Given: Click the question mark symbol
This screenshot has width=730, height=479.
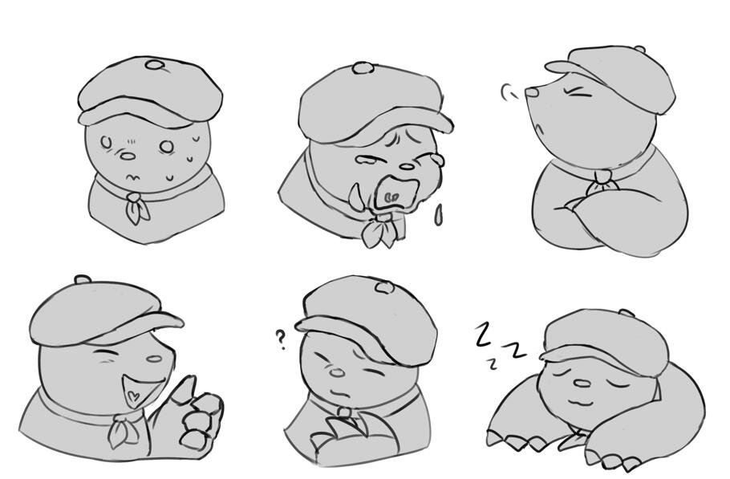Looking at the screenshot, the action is [x=280, y=340].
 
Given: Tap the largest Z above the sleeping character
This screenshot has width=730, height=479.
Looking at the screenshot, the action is [x=484, y=334].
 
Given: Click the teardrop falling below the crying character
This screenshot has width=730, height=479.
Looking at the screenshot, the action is [x=438, y=215].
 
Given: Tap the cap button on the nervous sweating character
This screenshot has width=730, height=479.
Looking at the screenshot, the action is [x=154, y=64].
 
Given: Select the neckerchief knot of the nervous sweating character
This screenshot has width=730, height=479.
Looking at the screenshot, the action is [x=132, y=198].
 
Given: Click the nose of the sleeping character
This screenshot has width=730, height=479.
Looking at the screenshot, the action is [x=582, y=384].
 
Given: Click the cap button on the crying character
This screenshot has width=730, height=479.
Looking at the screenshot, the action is [x=363, y=68].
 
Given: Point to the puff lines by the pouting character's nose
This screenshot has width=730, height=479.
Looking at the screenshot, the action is [x=509, y=92].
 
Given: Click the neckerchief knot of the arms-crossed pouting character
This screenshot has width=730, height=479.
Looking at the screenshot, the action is [x=603, y=177].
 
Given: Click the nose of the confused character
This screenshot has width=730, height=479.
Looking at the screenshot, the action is [x=337, y=372].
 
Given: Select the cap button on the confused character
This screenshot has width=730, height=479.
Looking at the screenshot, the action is [x=384, y=287].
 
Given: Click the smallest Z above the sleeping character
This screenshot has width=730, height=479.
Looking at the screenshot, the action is [x=491, y=363].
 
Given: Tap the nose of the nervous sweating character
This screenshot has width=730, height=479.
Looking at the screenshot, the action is [x=127, y=156].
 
